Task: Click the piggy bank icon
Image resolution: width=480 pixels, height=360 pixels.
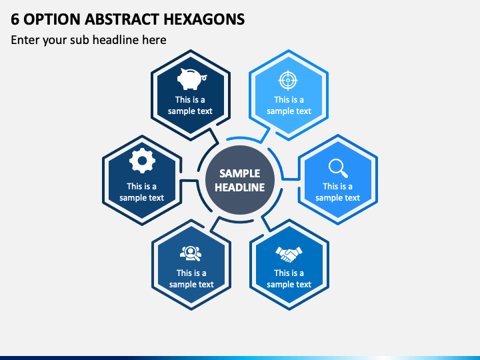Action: pyautogui.click(x=192, y=79)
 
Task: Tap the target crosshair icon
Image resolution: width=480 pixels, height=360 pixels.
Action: pyautogui.click(x=288, y=80)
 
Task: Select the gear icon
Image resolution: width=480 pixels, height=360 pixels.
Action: pyautogui.click(x=142, y=161)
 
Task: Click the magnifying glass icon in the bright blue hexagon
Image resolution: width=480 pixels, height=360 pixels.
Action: pyautogui.click(x=338, y=168)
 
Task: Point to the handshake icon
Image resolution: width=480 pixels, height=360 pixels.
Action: pyautogui.click(x=289, y=254)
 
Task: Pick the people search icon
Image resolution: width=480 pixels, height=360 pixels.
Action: pyautogui.click(x=191, y=253)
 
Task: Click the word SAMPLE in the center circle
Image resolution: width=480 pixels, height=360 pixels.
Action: pyautogui.click(x=240, y=173)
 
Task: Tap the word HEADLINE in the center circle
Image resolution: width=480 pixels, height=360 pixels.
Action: pyautogui.click(x=240, y=187)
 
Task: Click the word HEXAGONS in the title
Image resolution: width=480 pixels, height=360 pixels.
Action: pyautogui.click(x=204, y=19)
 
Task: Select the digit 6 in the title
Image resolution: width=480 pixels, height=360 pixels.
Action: pyautogui.click(x=15, y=19)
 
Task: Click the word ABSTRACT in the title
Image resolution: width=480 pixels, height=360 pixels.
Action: pyautogui.click(x=122, y=19)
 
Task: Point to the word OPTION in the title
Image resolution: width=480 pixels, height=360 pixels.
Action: pyautogui.click(x=52, y=19)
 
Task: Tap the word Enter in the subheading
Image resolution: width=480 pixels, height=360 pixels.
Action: pyautogui.click(x=25, y=40)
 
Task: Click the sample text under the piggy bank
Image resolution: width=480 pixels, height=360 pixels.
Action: pyautogui.click(x=190, y=105)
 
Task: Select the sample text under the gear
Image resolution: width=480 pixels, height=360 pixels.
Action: pyautogui.click(x=142, y=192)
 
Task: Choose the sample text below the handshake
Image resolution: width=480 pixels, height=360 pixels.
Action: pyautogui.click(x=289, y=279)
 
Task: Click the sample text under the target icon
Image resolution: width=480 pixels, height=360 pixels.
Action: pyautogui.click(x=289, y=105)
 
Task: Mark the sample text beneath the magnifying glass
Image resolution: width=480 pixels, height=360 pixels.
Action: pyautogui.click(x=337, y=192)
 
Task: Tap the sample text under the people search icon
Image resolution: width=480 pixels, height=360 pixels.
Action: pyautogui.click(x=191, y=279)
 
